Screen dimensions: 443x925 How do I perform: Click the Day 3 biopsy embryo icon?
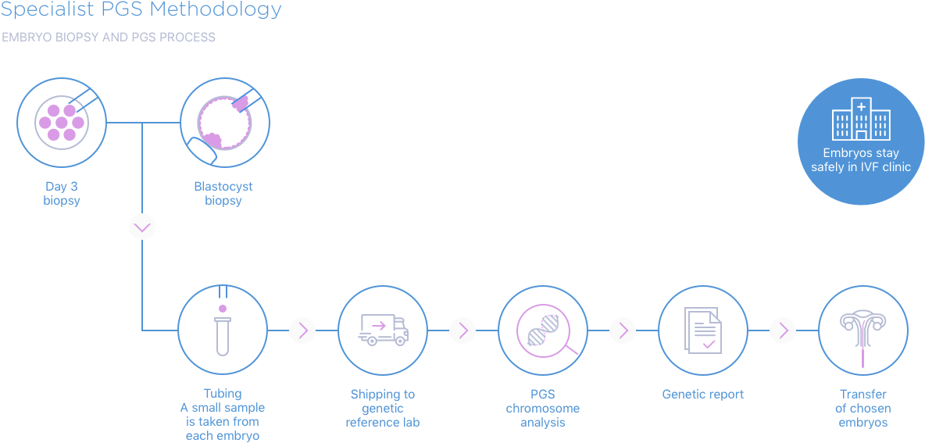62,122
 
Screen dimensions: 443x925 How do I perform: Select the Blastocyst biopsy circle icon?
225,122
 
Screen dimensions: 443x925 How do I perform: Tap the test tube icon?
223,330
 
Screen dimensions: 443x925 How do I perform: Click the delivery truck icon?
383,330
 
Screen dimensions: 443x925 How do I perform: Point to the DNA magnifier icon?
543,330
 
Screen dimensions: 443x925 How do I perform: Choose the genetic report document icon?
703,330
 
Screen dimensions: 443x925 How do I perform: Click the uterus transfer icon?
862,330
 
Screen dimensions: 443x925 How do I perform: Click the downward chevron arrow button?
142,227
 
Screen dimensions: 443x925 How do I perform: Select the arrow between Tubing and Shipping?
302,330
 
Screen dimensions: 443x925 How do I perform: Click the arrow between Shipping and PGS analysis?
462,330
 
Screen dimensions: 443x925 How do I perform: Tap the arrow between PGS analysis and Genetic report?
623,330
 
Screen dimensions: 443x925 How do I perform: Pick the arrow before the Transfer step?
783,330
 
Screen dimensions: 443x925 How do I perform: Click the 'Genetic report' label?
702,395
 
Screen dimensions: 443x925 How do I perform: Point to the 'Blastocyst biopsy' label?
223,194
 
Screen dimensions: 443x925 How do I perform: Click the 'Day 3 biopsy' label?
62,194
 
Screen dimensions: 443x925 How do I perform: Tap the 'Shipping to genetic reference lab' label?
383,408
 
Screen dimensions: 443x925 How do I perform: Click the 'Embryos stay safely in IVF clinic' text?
861,160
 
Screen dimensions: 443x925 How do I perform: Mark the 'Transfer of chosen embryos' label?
862,408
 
